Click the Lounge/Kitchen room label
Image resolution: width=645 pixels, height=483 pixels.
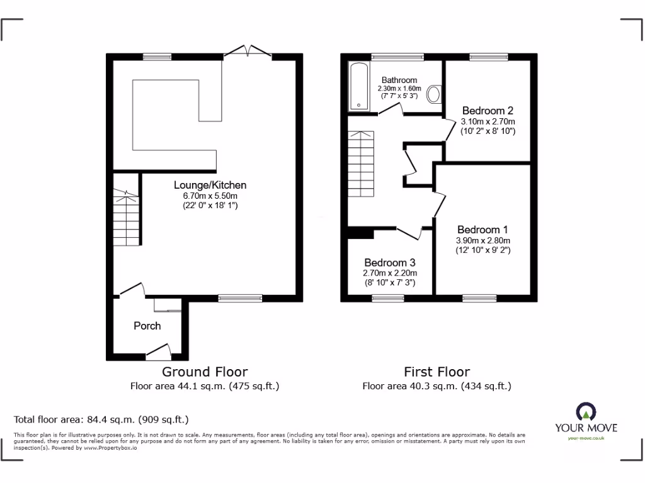[x=210, y=185]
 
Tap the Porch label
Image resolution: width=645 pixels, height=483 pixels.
[x=147, y=326]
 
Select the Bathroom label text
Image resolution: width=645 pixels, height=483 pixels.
[x=399, y=80]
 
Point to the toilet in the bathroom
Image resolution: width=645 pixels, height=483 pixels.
[x=434, y=95]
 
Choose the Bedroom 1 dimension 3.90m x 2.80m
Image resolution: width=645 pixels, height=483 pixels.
[x=482, y=240]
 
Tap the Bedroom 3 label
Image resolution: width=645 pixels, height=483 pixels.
[x=389, y=262]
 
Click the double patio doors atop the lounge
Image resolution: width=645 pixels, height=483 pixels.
[x=247, y=52]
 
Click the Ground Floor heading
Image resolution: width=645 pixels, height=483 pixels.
[x=205, y=372]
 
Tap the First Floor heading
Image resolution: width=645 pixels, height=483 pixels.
[x=437, y=372]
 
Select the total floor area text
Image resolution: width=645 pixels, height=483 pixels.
[x=101, y=419]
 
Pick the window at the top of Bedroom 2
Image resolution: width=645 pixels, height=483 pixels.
[x=488, y=57]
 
